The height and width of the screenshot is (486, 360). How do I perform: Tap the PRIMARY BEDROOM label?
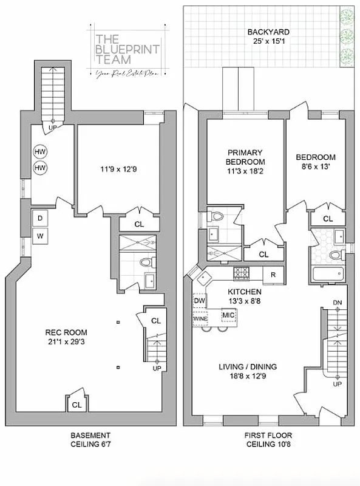tap(245, 157)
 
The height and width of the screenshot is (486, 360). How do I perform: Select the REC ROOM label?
tap(66, 332)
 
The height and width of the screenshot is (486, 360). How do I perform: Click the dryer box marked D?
tap(40, 218)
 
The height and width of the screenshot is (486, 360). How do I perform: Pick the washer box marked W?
tap(40, 236)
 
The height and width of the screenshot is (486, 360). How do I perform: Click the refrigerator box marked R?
tap(273, 275)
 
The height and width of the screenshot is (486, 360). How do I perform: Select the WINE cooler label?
tap(200, 318)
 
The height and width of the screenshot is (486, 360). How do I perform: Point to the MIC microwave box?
tap(228, 315)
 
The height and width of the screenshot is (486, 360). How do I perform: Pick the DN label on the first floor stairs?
tap(338, 303)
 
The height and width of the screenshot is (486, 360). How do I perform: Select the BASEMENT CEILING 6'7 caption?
tap(90, 440)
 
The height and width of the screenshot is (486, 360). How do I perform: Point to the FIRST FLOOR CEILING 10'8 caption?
tap(268, 440)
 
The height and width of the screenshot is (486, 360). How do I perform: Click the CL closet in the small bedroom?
tap(328, 219)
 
